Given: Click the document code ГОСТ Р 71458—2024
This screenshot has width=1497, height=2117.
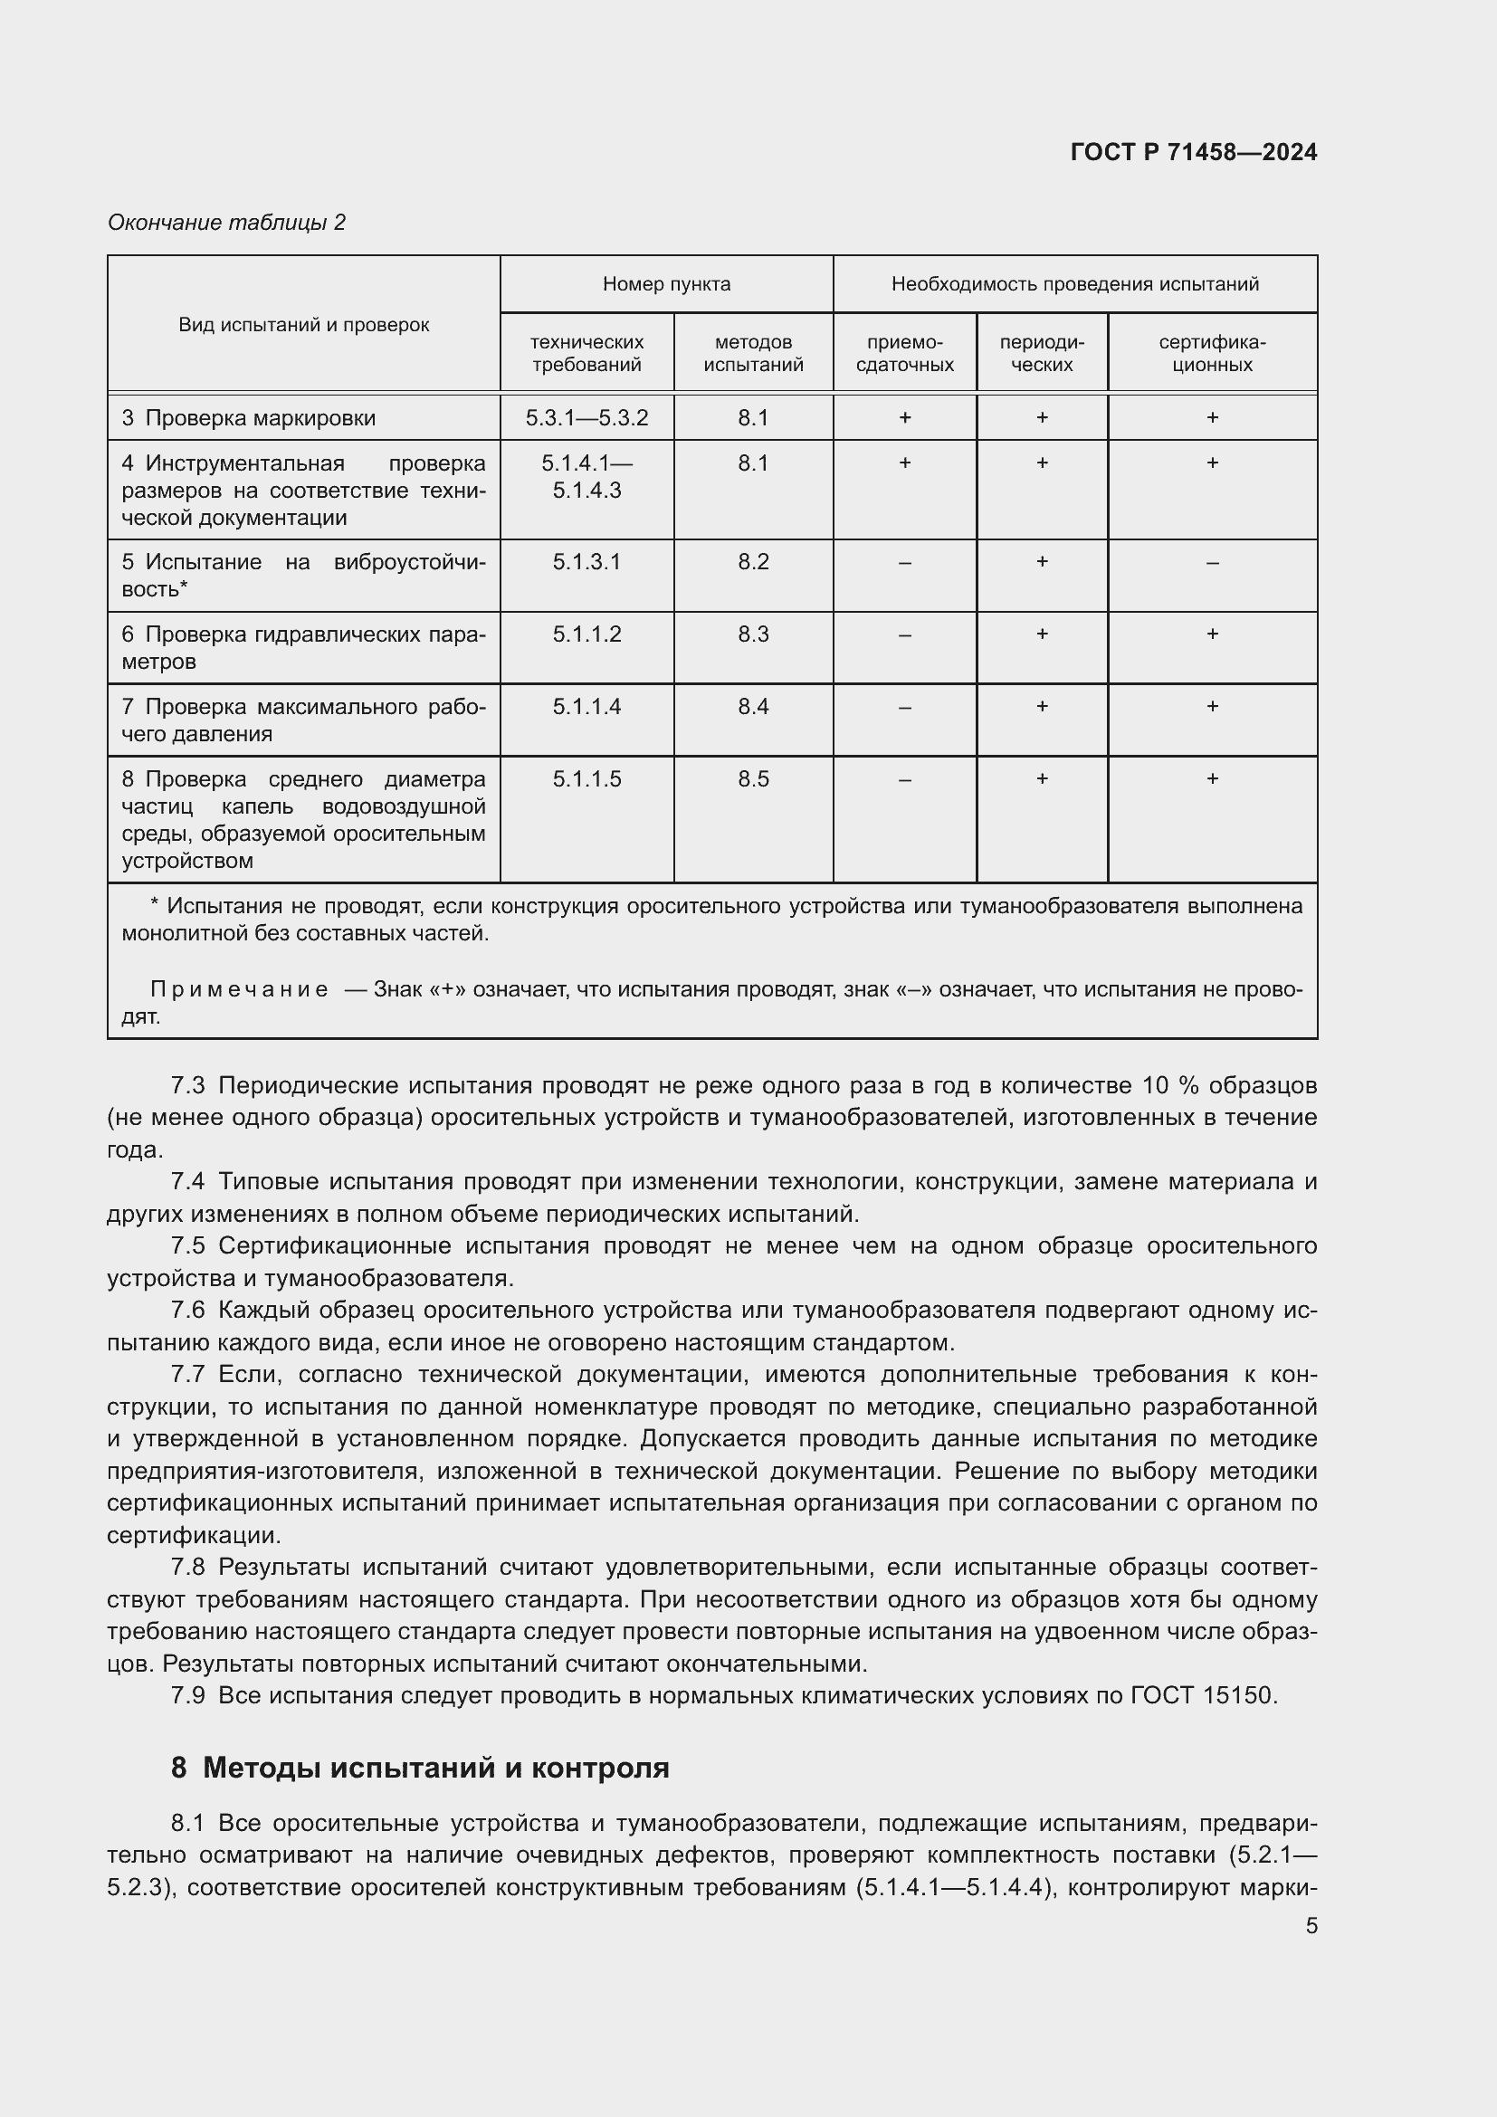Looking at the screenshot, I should click(x=1193, y=152).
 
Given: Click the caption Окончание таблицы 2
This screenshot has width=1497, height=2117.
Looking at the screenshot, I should click(x=227, y=223).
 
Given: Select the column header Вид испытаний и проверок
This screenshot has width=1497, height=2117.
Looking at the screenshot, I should click(x=303, y=325).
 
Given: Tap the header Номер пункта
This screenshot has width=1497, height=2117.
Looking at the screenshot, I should click(x=666, y=284).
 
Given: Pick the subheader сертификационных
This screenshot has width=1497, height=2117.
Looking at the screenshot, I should click(x=1211, y=353).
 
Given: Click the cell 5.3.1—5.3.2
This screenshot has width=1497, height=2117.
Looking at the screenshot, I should click(x=586, y=417).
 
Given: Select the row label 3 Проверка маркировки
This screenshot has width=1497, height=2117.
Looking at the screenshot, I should click(x=249, y=417).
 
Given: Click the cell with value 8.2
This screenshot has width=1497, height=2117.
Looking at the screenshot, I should click(x=753, y=561).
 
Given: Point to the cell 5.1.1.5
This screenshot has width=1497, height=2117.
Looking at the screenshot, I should click(x=586, y=779).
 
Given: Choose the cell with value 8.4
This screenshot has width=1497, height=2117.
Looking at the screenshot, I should click(x=753, y=706).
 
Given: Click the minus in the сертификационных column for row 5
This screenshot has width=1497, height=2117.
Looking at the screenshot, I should click(x=1211, y=562).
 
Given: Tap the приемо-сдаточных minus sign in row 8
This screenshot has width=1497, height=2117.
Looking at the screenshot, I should click(x=904, y=780).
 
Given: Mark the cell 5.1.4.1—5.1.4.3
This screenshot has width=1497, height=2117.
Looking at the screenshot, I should click(x=586, y=477).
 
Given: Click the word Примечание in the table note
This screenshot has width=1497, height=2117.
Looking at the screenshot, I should click(x=239, y=989).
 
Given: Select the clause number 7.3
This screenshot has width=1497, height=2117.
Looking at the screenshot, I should click(x=188, y=1085).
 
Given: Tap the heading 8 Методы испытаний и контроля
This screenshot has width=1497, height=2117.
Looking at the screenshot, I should click(x=419, y=1768).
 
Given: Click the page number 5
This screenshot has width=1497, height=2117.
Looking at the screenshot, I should click(x=1311, y=1925).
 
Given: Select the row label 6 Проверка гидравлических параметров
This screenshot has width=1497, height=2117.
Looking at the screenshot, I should click(x=303, y=647).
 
